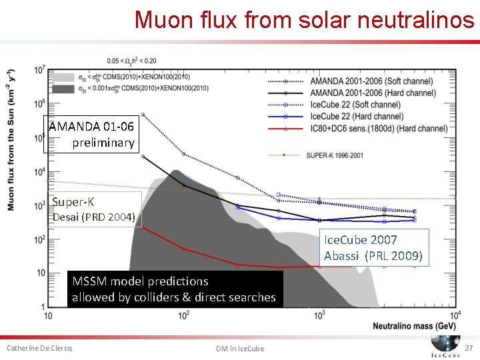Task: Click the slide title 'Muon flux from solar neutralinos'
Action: (x=304, y=19)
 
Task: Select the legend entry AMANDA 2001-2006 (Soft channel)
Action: (x=374, y=81)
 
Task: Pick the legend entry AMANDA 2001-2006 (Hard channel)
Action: (x=374, y=93)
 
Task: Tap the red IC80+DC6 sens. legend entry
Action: (x=378, y=128)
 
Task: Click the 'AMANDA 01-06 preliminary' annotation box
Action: (x=92, y=135)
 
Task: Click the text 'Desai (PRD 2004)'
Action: (x=93, y=217)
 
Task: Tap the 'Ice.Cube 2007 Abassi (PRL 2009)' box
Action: (x=372, y=247)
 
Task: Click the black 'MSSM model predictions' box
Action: (x=174, y=289)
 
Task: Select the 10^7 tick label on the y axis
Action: (x=38, y=69)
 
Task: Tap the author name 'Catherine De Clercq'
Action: (x=39, y=348)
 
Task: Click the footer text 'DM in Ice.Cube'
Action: (x=240, y=349)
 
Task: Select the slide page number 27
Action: (x=468, y=348)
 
